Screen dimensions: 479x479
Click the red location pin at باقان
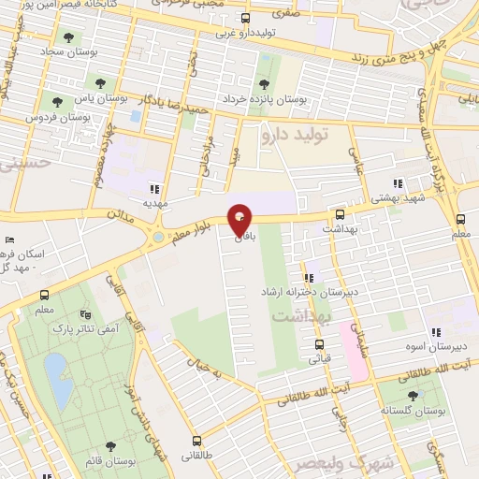coord(240,222)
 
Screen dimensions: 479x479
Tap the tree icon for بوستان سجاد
coord(67,38)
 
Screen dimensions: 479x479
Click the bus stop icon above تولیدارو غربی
coord(246,18)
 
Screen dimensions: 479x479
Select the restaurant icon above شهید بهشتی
coord(398,184)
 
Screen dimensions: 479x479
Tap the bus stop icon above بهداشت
coord(339,214)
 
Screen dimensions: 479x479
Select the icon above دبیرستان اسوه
coord(435,332)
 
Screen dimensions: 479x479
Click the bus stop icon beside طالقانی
coord(196,442)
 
